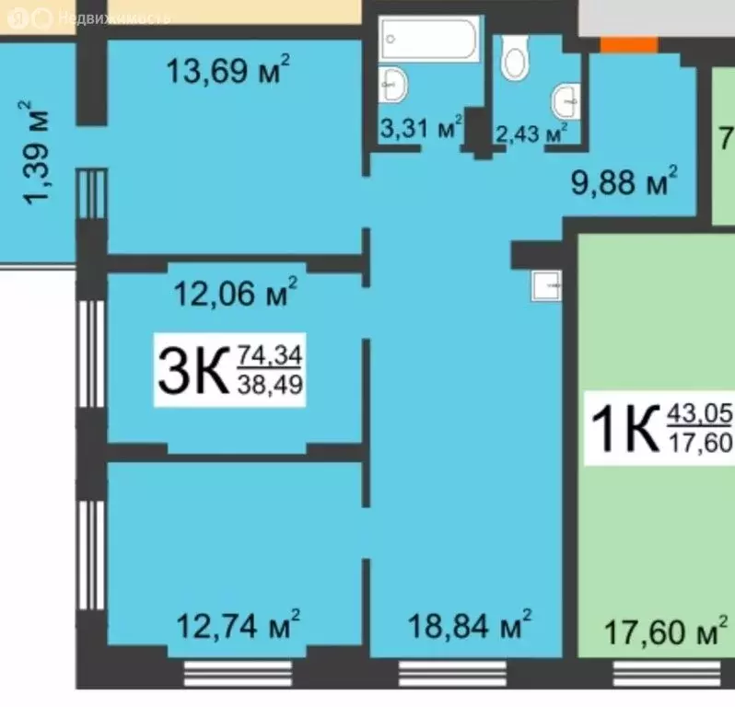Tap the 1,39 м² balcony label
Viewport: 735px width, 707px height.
click(x=36, y=153)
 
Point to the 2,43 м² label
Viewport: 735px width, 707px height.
click(x=531, y=133)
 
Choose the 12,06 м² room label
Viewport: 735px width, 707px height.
click(x=235, y=296)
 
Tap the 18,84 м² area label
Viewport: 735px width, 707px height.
click(x=470, y=629)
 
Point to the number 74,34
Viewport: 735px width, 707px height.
click(x=271, y=353)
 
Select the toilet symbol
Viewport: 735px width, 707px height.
click(x=514, y=61)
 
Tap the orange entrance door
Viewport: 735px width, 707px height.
click(x=629, y=43)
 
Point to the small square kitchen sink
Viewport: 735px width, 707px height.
click(x=546, y=287)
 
